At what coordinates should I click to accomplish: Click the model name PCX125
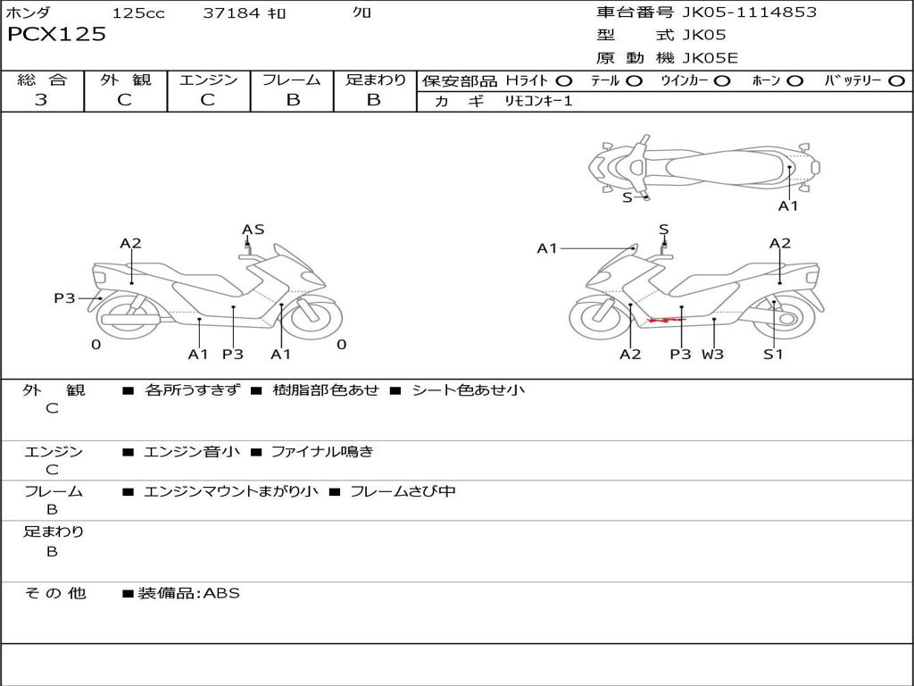pyautogui.click(x=56, y=35)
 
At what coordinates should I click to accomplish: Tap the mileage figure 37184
pyautogui.click(x=231, y=13)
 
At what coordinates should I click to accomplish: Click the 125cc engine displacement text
pyautogui.click(x=138, y=13)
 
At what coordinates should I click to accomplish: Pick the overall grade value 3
pyautogui.click(x=41, y=100)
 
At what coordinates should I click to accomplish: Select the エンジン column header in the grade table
pyautogui.click(x=208, y=80)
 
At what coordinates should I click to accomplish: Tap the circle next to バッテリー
pyautogui.click(x=896, y=80)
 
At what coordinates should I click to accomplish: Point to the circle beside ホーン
pyautogui.click(x=794, y=80)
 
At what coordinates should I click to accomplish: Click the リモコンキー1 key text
pyautogui.click(x=538, y=101)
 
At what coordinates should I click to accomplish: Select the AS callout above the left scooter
pyautogui.click(x=253, y=230)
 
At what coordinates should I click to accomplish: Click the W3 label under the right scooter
pyautogui.click(x=712, y=354)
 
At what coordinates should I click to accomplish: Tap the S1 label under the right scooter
pyautogui.click(x=773, y=354)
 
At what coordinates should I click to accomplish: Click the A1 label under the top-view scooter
pyautogui.click(x=788, y=206)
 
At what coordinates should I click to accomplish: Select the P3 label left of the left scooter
pyautogui.click(x=64, y=298)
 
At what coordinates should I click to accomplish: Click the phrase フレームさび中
pyautogui.click(x=403, y=491)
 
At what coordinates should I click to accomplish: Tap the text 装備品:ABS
pyautogui.click(x=188, y=593)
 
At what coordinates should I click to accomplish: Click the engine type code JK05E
pyautogui.click(x=710, y=58)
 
